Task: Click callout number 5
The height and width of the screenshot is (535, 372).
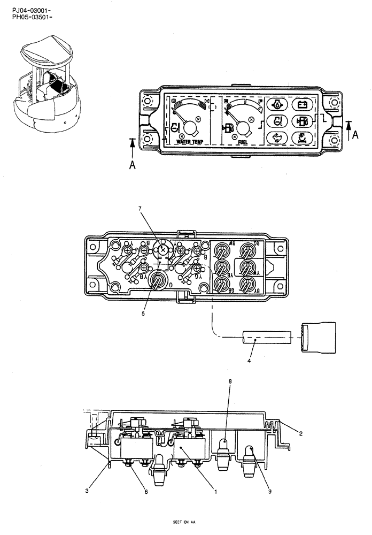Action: [143, 314]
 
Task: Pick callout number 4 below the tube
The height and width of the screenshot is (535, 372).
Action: [250, 361]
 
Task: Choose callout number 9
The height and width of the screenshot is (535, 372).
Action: [270, 491]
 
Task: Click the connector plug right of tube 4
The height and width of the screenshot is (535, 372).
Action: [318, 338]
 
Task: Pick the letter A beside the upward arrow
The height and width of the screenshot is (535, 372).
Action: [132, 165]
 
